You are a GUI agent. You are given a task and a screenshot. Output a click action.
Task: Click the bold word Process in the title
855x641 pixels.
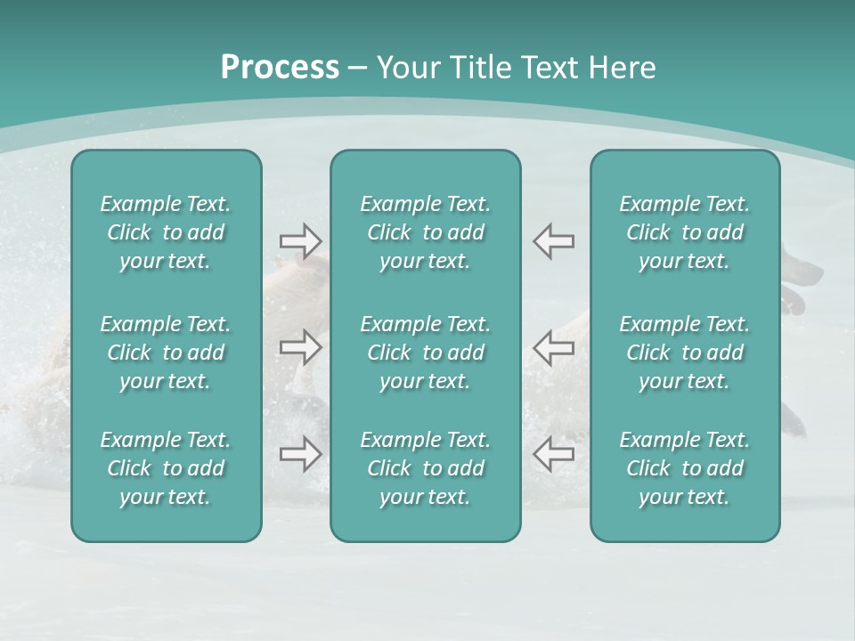[280, 68]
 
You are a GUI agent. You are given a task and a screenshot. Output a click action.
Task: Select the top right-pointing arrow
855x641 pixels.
[301, 241]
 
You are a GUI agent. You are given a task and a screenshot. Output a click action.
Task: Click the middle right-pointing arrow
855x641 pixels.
[301, 347]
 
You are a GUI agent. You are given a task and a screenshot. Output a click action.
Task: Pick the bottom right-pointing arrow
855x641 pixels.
[301, 454]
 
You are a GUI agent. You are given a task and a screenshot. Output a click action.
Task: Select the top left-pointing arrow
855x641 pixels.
[553, 241]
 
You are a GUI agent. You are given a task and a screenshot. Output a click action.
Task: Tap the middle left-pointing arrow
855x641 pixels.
[553, 347]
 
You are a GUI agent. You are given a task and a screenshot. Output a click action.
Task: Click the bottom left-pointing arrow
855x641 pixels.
[553, 454]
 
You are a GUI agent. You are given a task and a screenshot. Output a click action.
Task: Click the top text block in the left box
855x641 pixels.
[166, 232]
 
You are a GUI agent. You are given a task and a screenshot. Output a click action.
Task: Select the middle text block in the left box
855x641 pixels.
[166, 353]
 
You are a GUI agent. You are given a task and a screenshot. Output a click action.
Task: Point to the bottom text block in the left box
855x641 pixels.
[166, 468]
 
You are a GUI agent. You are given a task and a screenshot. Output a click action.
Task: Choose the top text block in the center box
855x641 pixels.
[426, 232]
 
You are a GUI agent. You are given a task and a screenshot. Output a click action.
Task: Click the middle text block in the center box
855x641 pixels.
[426, 353]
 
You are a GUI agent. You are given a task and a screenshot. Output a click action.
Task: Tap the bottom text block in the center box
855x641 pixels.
[426, 468]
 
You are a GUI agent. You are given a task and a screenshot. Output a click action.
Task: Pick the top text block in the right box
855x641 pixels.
[685, 232]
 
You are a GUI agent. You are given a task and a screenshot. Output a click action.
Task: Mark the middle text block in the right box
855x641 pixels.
[685, 353]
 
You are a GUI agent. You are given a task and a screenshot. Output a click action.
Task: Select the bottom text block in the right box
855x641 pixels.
[685, 468]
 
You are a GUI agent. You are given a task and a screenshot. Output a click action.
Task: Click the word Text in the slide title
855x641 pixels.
[546, 68]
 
